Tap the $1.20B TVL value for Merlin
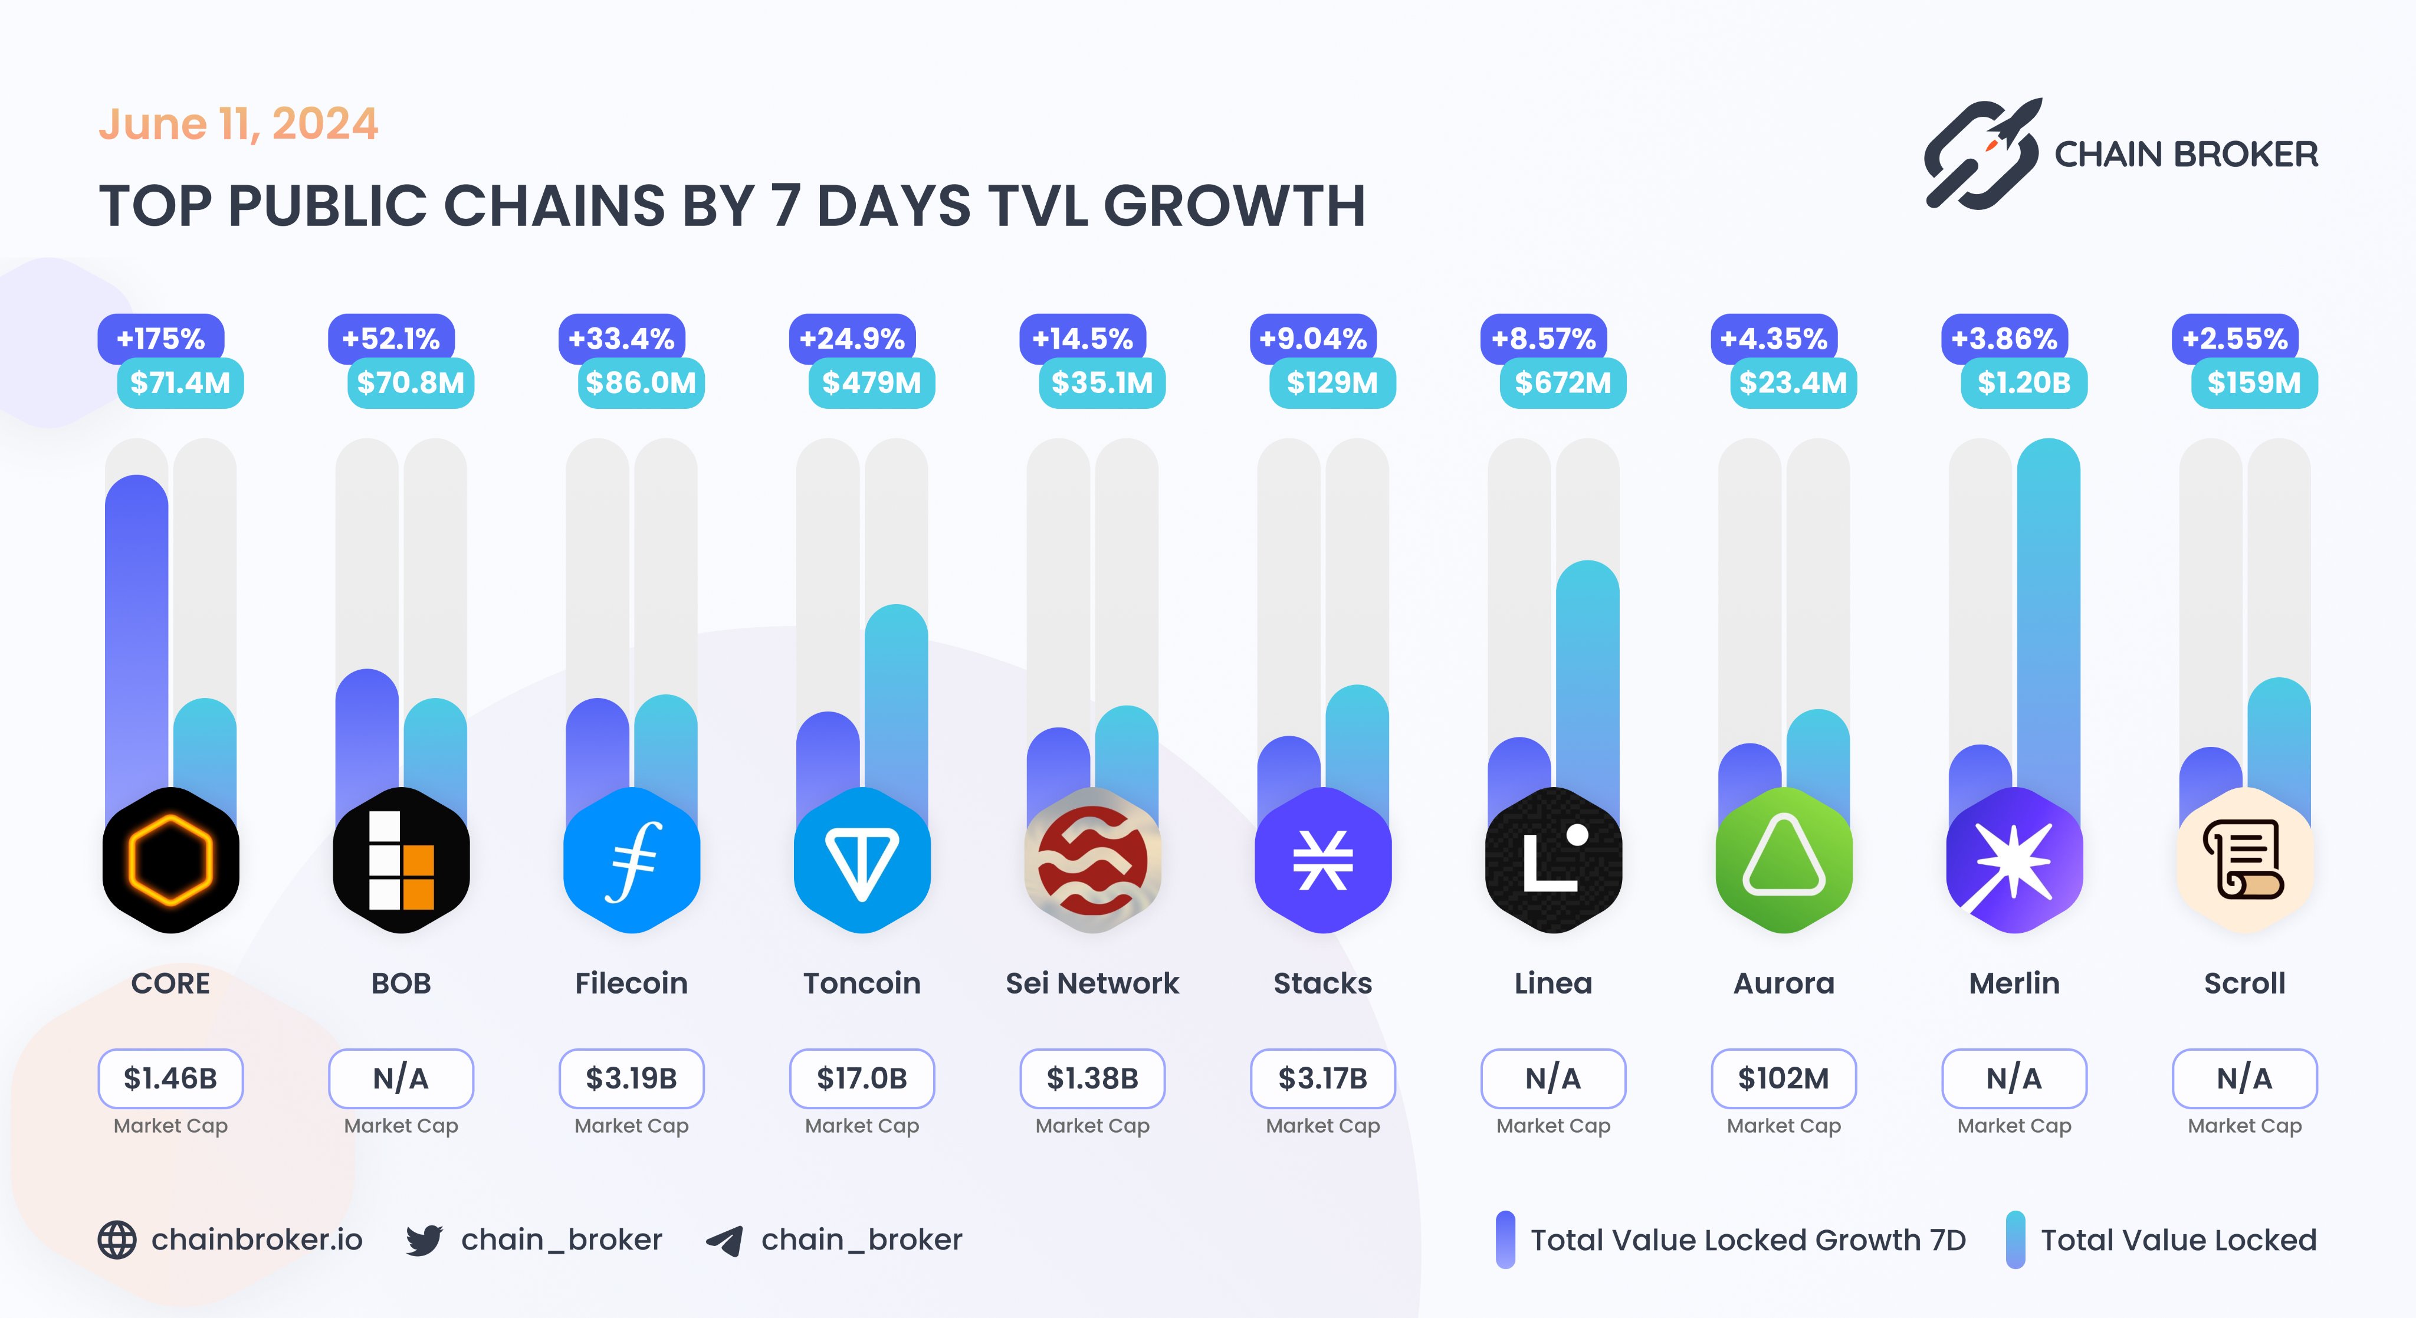point(2024,383)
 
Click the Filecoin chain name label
point(631,983)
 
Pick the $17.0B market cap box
point(862,1079)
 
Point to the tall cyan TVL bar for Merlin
point(2049,610)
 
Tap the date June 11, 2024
point(238,124)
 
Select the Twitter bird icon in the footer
point(424,1240)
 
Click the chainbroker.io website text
point(257,1240)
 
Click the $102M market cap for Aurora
point(1783,1079)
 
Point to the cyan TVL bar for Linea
point(1587,676)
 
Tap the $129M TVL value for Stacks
point(1332,383)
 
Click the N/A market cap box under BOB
point(401,1079)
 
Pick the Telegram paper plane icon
point(725,1240)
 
